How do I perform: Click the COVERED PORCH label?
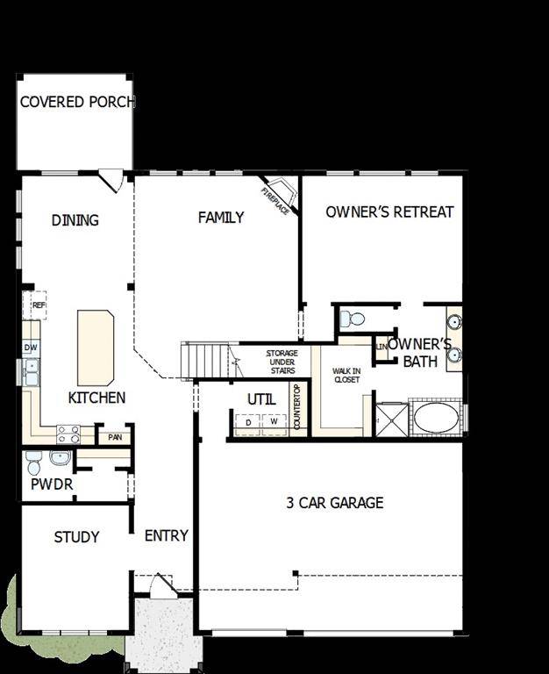[x=77, y=103]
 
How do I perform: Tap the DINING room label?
[x=75, y=220]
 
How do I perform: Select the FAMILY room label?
[x=221, y=218]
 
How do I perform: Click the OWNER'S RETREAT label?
[x=389, y=212]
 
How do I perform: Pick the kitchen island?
[x=96, y=347]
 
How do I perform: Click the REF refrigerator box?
[x=39, y=305]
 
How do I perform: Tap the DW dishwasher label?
[x=30, y=348]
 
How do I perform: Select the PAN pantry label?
[x=115, y=436]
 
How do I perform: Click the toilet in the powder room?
[x=33, y=462]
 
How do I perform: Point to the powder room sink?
[x=61, y=458]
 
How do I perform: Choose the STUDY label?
[x=76, y=537]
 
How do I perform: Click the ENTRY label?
[x=166, y=535]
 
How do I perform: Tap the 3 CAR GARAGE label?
[x=335, y=503]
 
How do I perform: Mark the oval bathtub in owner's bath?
[x=435, y=418]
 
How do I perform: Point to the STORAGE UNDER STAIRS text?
[x=282, y=361]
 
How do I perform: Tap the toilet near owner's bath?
[x=353, y=319]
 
